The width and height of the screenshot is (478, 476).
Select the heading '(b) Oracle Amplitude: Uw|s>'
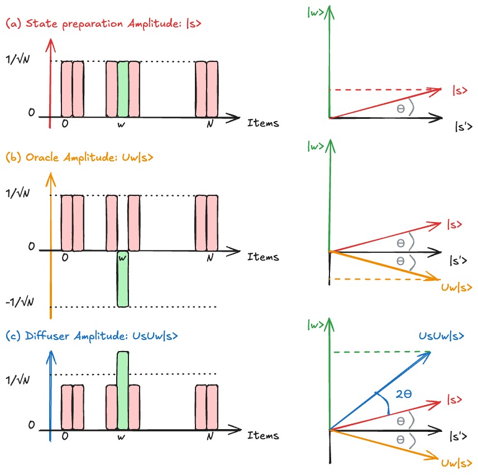point(79,158)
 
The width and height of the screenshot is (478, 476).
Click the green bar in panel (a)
point(122,89)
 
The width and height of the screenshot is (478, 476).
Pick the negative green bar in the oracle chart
point(122,279)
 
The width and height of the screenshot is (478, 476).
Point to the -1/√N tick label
point(18,302)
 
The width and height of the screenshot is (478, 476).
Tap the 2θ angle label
point(403,394)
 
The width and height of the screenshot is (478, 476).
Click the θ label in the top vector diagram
point(400,108)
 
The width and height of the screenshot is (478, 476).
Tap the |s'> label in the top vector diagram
point(463,127)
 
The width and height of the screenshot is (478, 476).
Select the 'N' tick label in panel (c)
point(209,436)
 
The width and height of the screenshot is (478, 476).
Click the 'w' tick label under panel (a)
point(121,124)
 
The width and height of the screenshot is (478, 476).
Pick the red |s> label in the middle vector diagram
point(455,224)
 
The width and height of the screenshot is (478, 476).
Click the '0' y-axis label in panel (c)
point(32,426)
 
